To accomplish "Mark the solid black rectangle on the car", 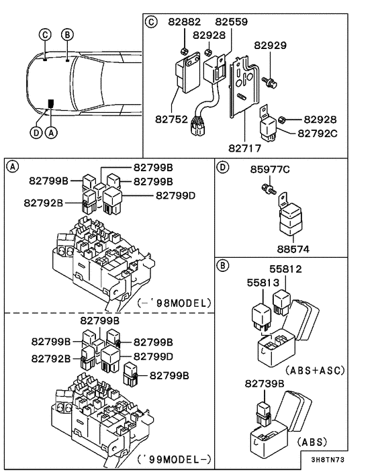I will (x=51, y=103).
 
